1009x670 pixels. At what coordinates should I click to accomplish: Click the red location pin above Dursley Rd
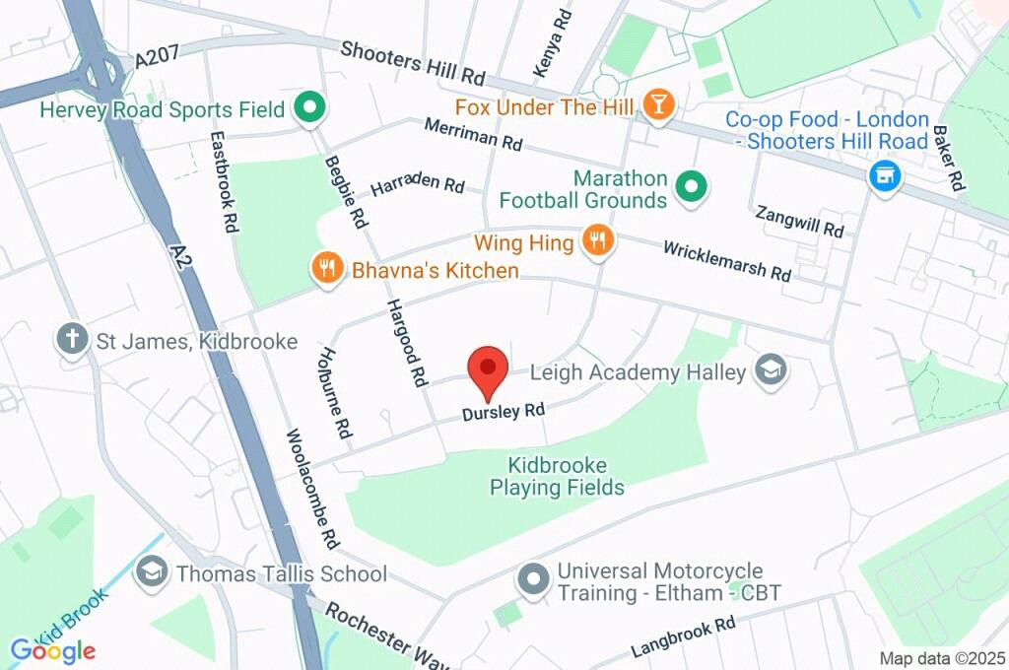[488, 370]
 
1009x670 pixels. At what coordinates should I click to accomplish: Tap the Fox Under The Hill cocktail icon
[657, 103]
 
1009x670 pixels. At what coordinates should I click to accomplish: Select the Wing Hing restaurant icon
[596, 240]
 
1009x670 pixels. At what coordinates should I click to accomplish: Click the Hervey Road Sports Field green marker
[311, 108]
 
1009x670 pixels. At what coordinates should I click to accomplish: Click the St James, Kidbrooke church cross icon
[71, 340]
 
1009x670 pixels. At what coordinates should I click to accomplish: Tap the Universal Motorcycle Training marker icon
[533, 580]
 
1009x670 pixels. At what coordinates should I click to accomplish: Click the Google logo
[52, 650]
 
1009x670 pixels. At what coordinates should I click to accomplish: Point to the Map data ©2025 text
[942, 658]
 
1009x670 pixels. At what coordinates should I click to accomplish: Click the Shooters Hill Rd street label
[414, 62]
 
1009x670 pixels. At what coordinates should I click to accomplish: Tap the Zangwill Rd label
[799, 221]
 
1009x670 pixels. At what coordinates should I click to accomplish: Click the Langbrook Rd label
[683, 637]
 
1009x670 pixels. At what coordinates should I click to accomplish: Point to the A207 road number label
[157, 59]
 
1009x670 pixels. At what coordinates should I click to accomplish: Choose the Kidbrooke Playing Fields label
[557, 476]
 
